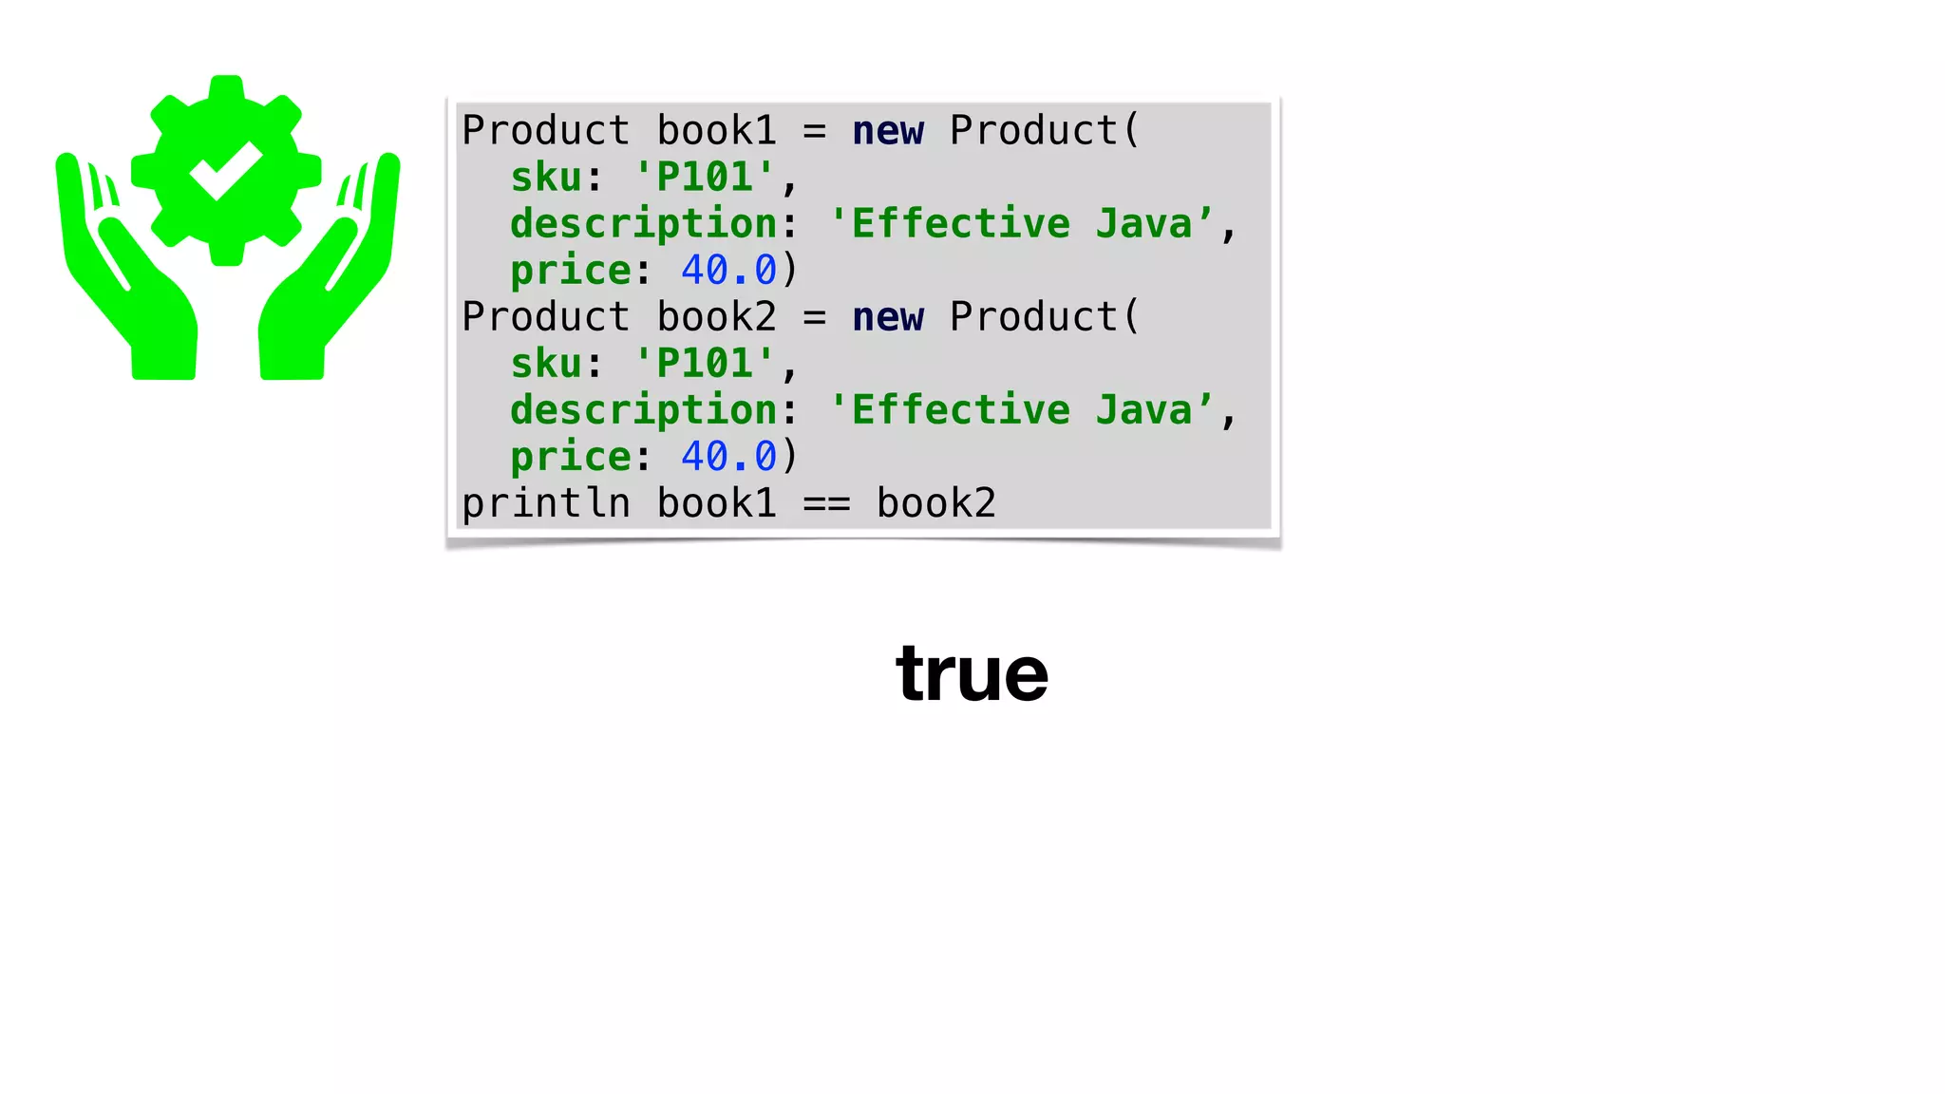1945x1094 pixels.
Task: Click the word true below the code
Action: pyautogui.click(x=972, y=674)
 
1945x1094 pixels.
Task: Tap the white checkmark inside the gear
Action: pyautogui.click(x=226, y=170)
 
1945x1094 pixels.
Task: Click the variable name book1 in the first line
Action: pyautogui.click(x=716, y=131)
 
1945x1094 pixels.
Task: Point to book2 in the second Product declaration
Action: pyautogui.click(x=716, y=317)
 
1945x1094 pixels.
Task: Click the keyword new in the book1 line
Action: pyautogui.click(x=887, y=131)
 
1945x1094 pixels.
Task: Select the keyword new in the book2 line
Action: pyautogui.click(x=887, y=317)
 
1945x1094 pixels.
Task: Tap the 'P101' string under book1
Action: pyautogui.click(x=705, y=178)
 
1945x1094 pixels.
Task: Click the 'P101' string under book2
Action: pyautogui.click(x=705, y=364)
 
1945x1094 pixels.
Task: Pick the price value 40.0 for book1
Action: pyautogui.click(x=728, y=271)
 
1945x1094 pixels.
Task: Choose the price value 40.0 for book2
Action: pyautogui.click(x=728, y=457)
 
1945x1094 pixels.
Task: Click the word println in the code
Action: pyautogui.click(x=546, y=503)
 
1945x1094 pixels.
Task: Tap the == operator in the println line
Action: pyautogui.click(x=826, y=503)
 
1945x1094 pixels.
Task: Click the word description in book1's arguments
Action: pyautogui.click(x=644, y=224)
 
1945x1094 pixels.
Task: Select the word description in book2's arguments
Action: pyautogui.click(x=644, y=410)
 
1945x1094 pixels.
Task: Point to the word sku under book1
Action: pyautogui.click(x=546, y=178)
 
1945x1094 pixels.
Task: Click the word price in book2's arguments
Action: pyautogui.click(x=570, y=457)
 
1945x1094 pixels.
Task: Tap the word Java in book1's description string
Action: pyautogui.click(x=1143, y=224)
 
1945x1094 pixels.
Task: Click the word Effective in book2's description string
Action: pyautogui.click(x=960, y=410)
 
